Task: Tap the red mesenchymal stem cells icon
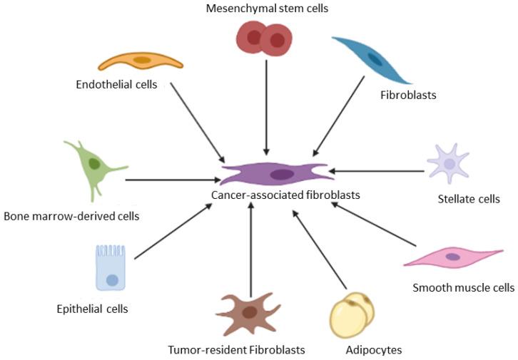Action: [264, 38]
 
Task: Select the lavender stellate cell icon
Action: [449, 163]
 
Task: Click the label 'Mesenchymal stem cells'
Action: [262, 9]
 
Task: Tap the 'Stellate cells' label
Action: [468, 199]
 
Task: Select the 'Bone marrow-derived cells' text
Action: [71, 215]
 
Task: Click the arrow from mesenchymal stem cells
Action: [266, 107]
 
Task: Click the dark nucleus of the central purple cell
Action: [283, 174]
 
